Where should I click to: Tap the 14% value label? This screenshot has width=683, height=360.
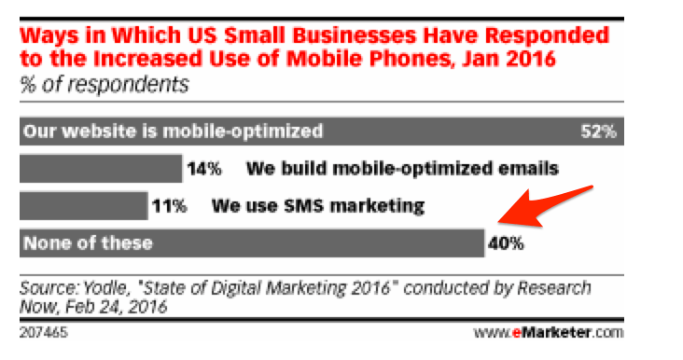205,169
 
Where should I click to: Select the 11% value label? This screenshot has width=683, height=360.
171,205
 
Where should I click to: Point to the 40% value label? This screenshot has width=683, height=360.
505,244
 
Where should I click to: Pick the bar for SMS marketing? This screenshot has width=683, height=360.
83,205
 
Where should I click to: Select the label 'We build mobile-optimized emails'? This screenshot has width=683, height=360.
402,169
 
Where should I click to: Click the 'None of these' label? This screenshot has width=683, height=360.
89,244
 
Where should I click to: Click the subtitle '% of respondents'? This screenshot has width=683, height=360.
103,86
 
